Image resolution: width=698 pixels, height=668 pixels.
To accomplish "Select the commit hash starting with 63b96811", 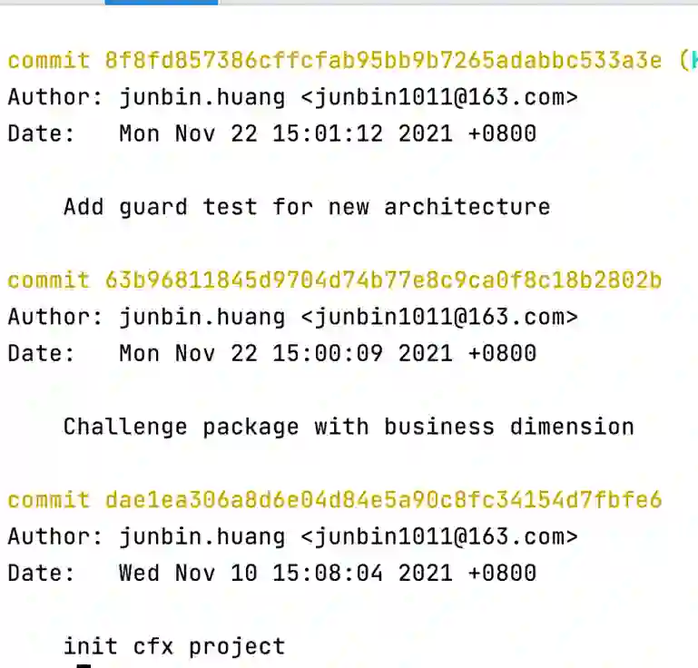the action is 384,280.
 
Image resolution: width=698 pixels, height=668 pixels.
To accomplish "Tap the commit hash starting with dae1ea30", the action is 384,500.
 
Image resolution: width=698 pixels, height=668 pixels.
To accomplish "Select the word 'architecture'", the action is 467,208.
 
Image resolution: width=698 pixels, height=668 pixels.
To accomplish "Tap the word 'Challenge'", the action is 125,427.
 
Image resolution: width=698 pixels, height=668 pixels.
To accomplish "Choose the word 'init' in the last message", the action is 91,647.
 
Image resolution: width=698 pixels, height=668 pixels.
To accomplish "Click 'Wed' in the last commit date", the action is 139,574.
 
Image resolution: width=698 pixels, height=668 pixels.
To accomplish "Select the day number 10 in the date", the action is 244,574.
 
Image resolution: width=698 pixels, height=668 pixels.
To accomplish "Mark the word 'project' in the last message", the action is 237,647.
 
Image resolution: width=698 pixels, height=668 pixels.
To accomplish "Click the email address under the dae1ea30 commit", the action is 439,536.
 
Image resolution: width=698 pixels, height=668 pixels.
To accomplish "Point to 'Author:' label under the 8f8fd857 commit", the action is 56,97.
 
